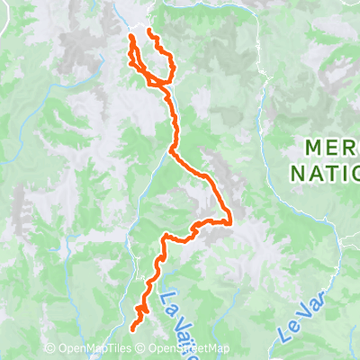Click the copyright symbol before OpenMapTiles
(49, 349)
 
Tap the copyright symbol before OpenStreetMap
(142, 349)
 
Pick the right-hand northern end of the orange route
(148, 32)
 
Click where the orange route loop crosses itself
(164, 84)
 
